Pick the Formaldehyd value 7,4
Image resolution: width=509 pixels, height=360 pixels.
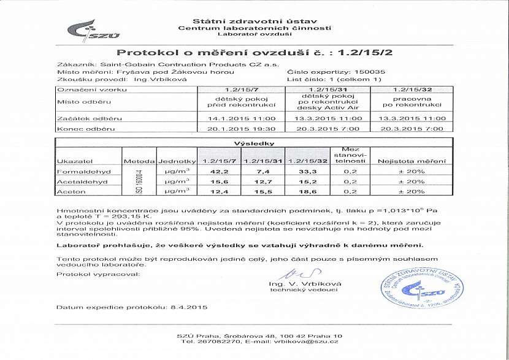pyautogui.click(x=264, y=172)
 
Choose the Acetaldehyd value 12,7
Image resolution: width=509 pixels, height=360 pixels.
pyautogui.click(x=264, y=182)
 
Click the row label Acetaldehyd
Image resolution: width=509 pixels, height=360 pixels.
pyautogui.click(x=82, y=182)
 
